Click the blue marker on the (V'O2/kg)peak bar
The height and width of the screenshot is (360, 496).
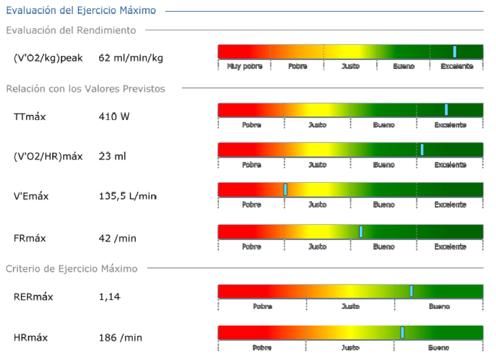click(455, 52)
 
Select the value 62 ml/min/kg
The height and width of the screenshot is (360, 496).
click(131, 58)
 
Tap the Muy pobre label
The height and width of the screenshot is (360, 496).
click(241, 66)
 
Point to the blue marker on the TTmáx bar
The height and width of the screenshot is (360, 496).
click(446, 109)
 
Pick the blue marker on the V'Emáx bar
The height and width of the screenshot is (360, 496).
click(285, 190)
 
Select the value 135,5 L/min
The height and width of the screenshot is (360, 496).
click(127, 196)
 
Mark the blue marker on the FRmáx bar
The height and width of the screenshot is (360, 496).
click(361, 231)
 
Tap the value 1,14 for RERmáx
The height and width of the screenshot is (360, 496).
click(109, 297)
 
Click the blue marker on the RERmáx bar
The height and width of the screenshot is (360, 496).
click(411, 290)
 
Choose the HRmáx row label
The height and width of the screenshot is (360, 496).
click(30, 338)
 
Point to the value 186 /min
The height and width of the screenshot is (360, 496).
click(120, 338)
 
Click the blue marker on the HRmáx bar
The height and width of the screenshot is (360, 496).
click(402, 333)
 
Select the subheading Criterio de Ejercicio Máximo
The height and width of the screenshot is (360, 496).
click(71, 269)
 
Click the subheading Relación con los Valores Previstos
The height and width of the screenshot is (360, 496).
click(85, 89)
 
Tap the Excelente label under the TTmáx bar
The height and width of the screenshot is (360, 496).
click(450, 125)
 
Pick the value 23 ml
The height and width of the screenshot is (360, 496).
click(112, 156)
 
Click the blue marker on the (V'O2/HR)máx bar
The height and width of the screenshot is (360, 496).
click(422, 149)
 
